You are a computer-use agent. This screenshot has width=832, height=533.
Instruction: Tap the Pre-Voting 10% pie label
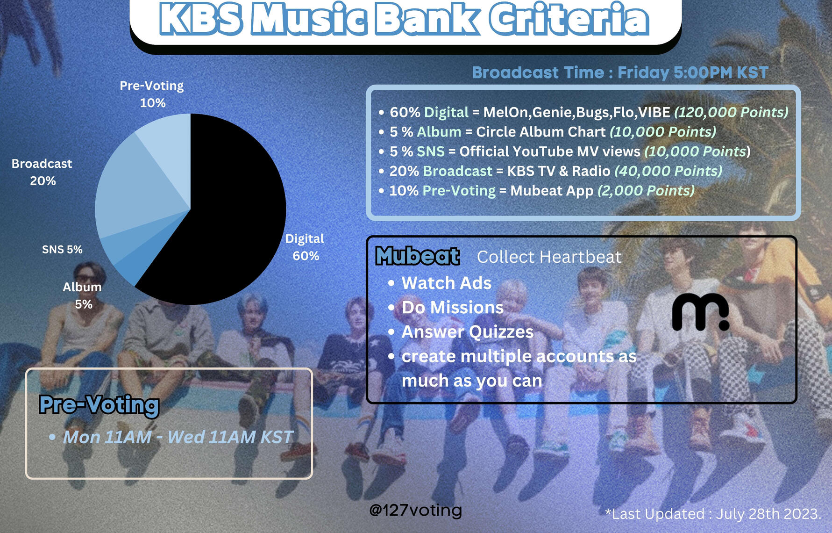(x=152, y=94)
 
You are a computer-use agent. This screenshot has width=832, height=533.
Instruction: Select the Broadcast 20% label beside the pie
(x=42, y=172)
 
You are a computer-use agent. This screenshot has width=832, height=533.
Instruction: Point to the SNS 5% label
(x=62, y=249)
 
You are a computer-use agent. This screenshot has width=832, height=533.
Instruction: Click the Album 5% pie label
(x=83, y=295)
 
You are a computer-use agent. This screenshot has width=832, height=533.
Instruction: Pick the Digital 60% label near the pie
(x=305, y=247)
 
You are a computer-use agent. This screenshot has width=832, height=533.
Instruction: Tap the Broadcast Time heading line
(x=620, y=72)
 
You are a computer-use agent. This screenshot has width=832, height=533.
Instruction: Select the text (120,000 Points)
(x=731, y=112)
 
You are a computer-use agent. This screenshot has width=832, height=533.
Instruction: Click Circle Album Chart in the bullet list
(x=541, y=132)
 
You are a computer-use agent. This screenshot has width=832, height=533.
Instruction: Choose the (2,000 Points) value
(x=646, y=191)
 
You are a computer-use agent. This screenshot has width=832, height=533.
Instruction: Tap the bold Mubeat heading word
(x=418, y=256)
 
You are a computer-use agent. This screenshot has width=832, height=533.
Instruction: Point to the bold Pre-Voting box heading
(x=99, y=405)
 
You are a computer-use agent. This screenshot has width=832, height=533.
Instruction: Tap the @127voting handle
(x=415, y=510)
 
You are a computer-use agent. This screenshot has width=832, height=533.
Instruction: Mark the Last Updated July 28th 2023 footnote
(x=713, y=514)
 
